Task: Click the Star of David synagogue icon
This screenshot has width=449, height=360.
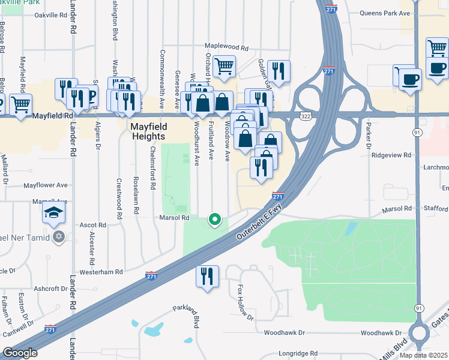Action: [58, 236]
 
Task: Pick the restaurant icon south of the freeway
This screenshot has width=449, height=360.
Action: [207, 277]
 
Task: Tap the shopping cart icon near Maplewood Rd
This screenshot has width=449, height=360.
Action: [224, 67]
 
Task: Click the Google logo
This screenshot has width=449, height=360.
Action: [20, 353]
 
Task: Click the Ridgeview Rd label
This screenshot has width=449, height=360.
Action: [391, 154]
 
